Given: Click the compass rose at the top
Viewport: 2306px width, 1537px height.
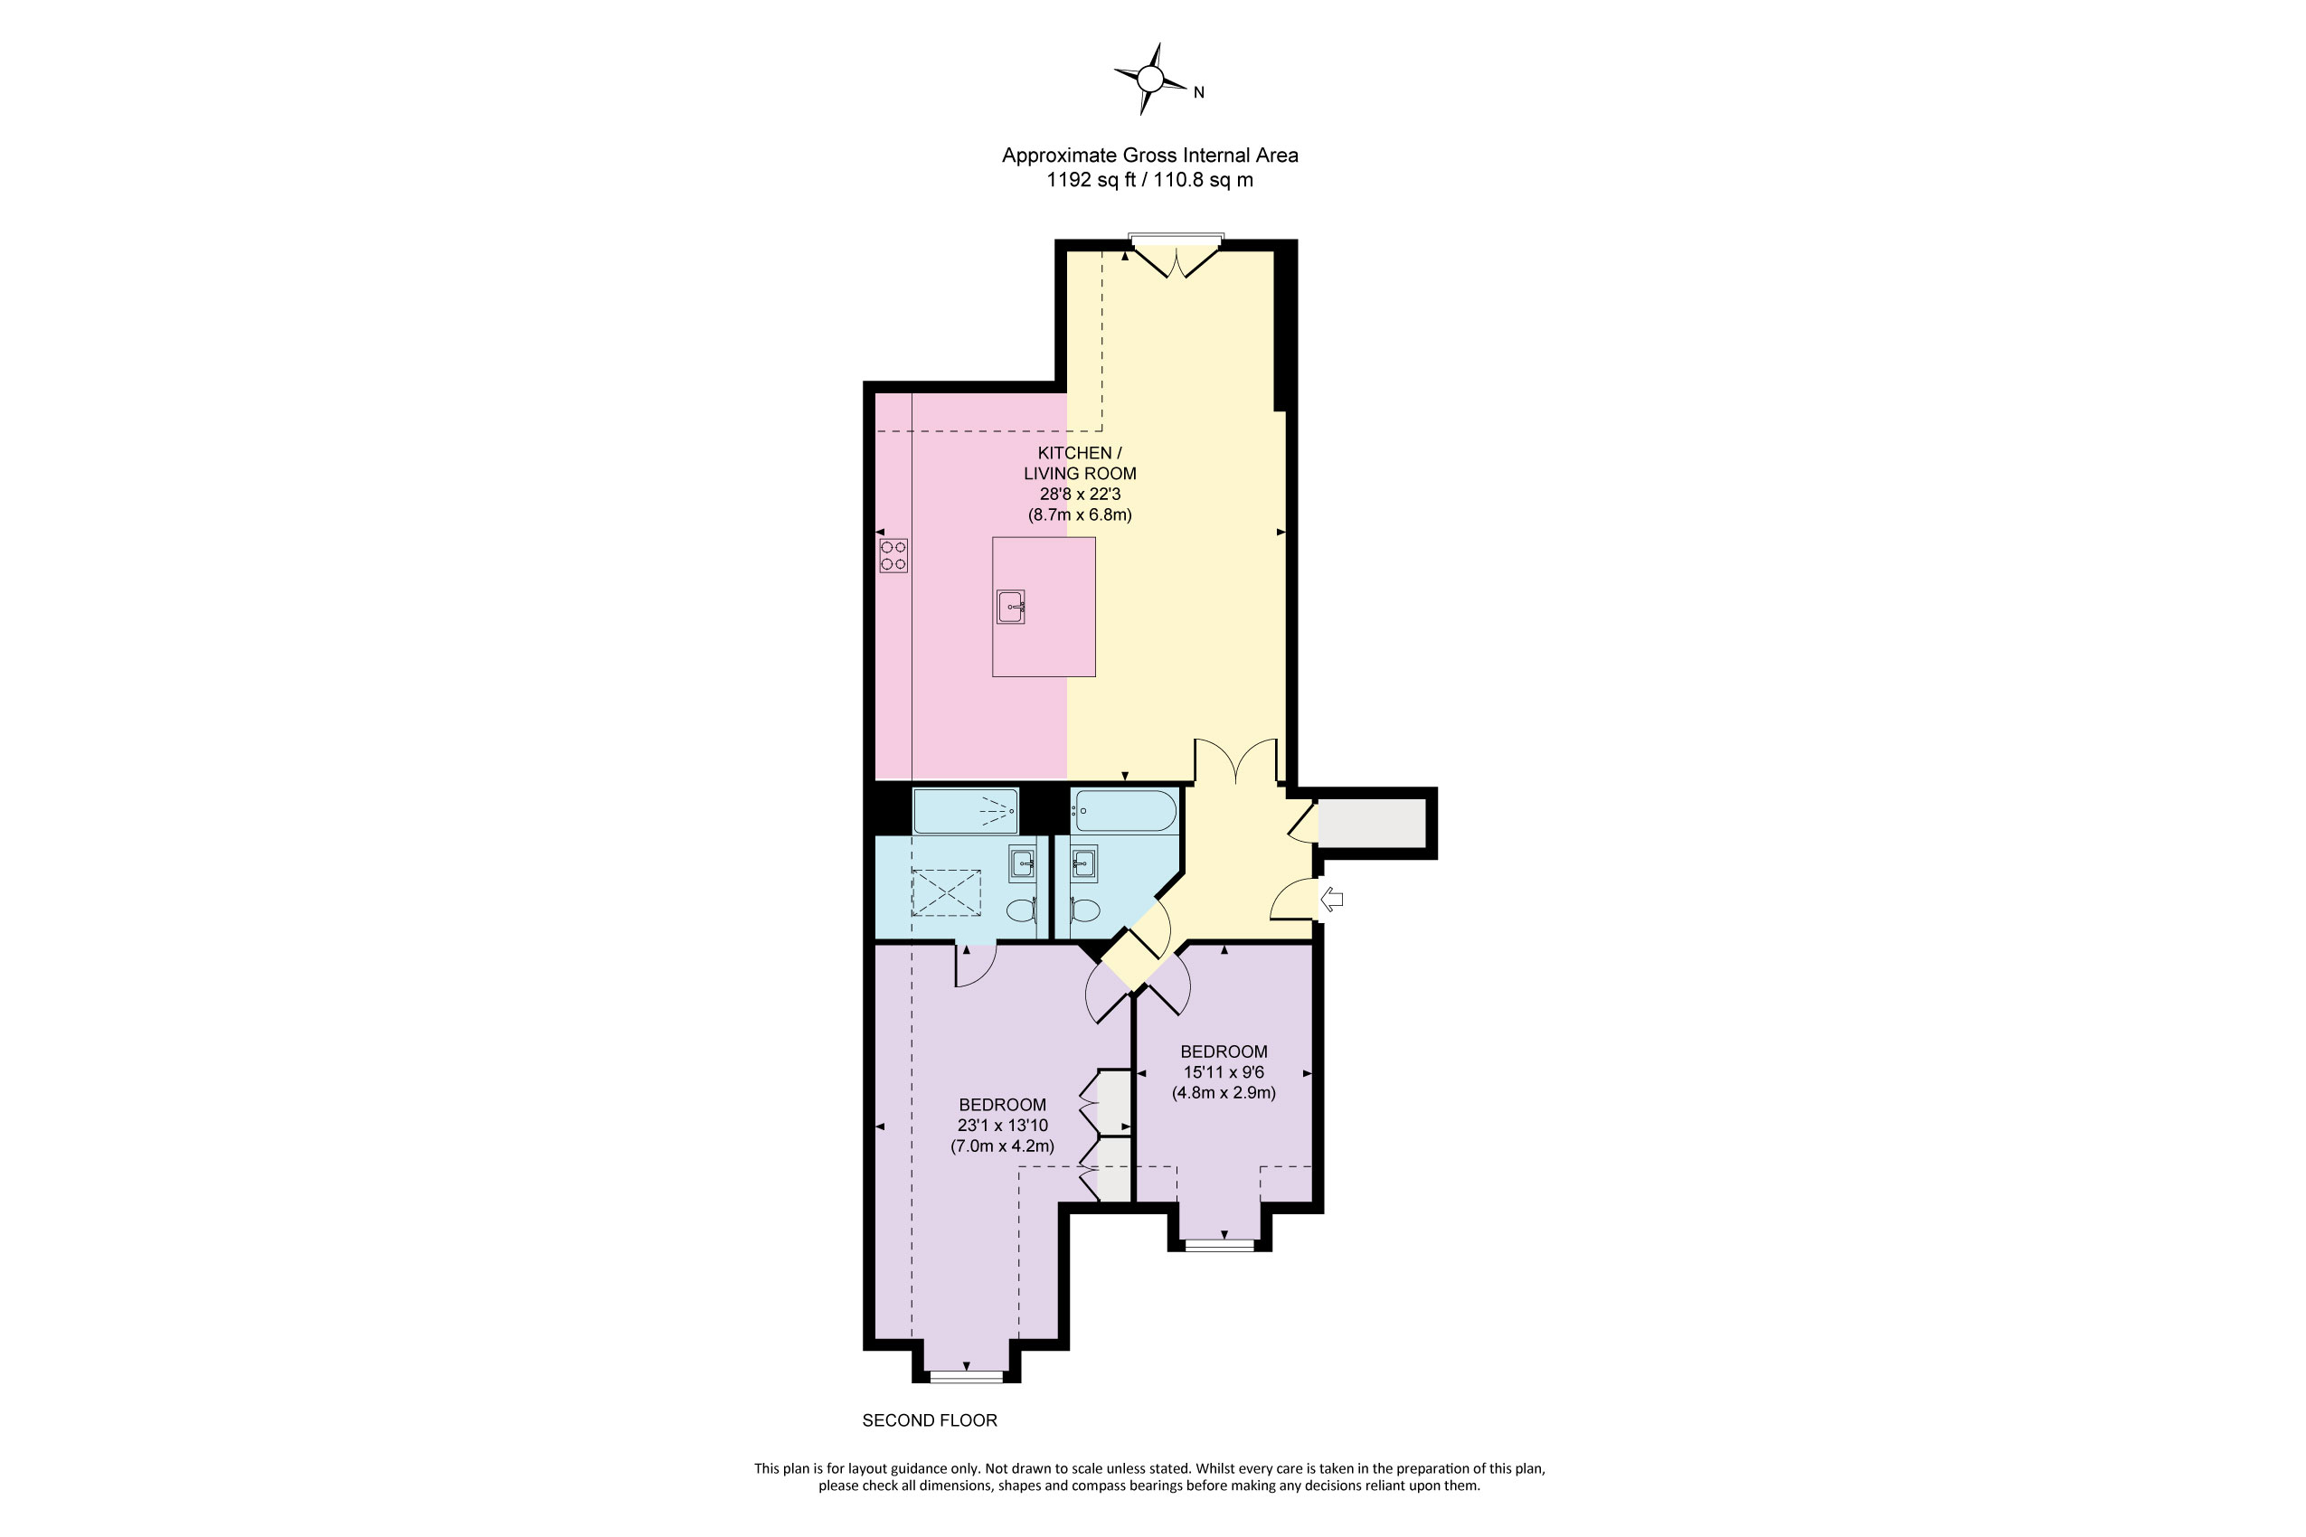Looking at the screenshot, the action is [x=1151, y=80].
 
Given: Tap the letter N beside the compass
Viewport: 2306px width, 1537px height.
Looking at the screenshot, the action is [x=1198, y=93].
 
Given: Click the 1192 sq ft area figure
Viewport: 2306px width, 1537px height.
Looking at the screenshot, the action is [x=1088, y=180].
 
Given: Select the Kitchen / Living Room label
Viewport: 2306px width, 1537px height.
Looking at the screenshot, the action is [x=1080, y=463].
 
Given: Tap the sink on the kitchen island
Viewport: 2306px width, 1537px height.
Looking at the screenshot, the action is [x=1011, y=607].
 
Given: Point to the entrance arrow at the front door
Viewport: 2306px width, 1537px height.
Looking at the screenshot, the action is [x=1331, y=899].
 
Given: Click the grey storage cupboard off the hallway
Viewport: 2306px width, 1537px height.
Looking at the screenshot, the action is [x=1371, y=824].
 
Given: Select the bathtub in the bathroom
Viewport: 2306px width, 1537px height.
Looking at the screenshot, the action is [x=1123, y=812].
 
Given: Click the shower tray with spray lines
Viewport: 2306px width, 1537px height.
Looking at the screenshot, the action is [x=966, y=811].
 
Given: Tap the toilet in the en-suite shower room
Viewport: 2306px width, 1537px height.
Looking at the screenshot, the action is [x=1022, y=910].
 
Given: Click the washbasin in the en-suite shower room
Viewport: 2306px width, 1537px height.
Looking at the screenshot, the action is [x=1023, y=863].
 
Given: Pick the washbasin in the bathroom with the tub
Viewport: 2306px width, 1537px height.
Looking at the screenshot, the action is [x=1083, y=863].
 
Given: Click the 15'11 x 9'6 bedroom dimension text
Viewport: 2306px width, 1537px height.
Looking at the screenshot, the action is [x=1224, y=1072].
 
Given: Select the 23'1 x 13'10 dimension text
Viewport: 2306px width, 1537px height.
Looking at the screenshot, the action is [x=1002, y=1126].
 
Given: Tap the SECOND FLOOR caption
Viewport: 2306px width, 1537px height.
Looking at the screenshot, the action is [x=930, y=1420].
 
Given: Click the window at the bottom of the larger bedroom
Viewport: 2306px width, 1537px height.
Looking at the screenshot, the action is [x=967, y=1377].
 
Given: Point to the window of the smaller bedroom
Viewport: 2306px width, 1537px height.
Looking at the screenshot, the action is [x=1220, y=1246].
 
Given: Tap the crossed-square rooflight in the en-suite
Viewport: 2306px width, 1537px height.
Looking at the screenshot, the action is [x=946, y=892].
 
